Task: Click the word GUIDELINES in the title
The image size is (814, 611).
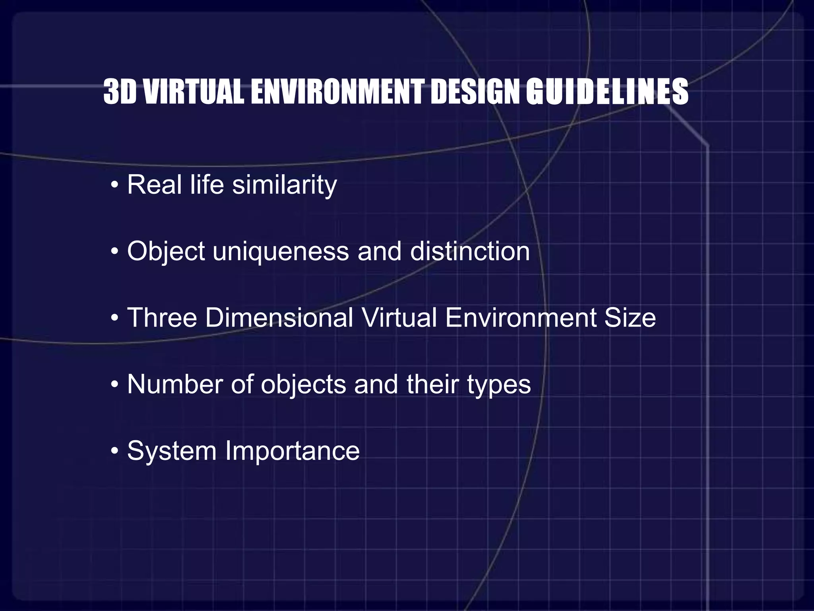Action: click(607, 92)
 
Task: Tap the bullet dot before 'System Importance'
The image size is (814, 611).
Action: click(114, 451)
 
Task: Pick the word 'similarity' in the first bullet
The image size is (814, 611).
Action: click(284, 185)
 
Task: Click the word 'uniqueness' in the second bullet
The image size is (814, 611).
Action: click(281, 252)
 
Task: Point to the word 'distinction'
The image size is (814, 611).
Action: click(470, 252)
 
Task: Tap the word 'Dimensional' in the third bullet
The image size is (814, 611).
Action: click(279, 318)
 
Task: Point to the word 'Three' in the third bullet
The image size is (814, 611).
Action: click(162, 318)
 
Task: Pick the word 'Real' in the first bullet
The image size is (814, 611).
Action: click(155, 185)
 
